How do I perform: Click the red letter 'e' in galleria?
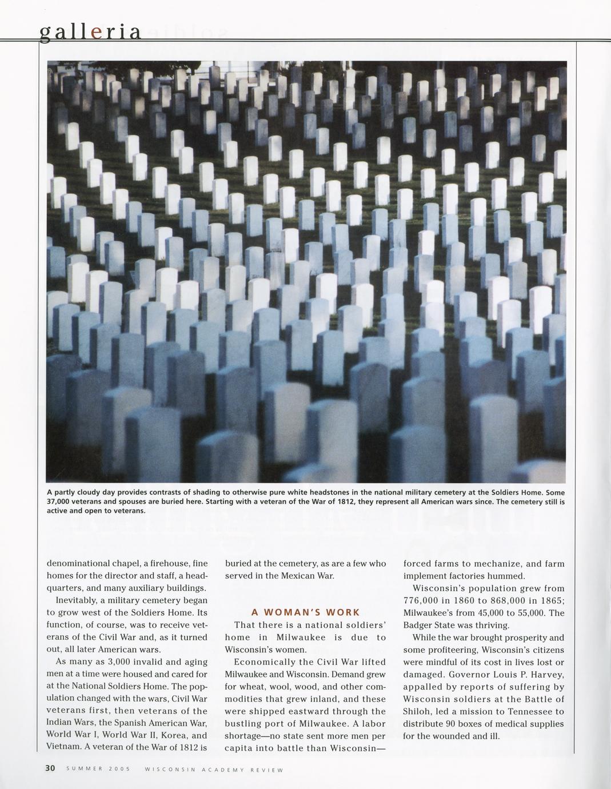click(97, 33)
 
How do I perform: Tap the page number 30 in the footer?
click(50, 768)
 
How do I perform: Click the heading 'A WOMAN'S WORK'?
click(306, 612)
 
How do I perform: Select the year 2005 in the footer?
click(120, 769)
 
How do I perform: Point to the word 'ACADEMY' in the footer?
click(223, 770)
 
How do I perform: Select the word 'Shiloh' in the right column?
click(416, 711)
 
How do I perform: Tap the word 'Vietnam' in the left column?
click(63, 746)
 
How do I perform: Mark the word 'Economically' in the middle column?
click(262, 662)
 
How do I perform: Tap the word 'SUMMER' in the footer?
click(84, 769)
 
